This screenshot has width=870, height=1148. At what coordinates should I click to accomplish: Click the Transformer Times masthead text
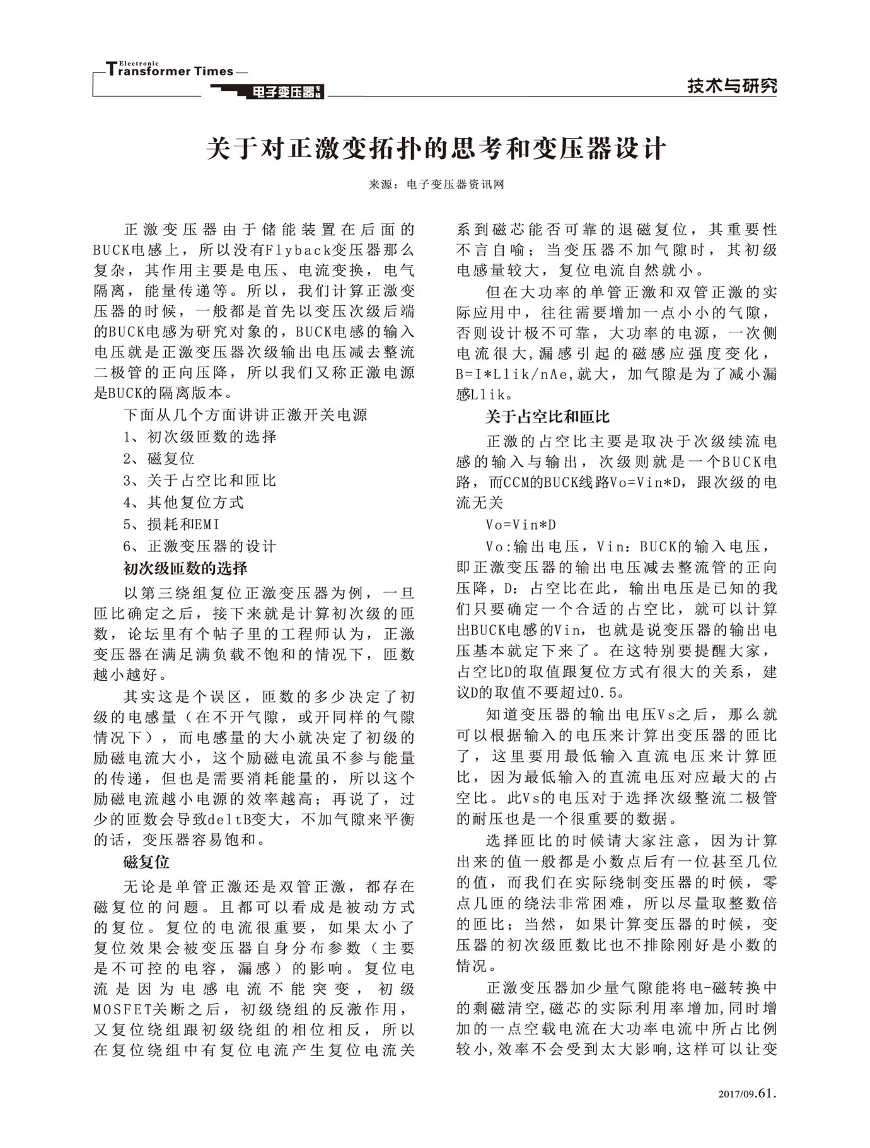pos(170,70)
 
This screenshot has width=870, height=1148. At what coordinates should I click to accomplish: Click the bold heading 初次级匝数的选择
pos(185,568)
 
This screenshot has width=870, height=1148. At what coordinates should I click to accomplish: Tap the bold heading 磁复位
pos(146,862)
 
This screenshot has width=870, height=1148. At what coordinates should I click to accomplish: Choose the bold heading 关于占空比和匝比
pos(547,417)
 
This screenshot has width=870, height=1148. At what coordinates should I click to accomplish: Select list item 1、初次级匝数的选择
pos(200,436)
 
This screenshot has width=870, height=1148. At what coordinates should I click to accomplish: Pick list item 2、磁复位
pos(159,459)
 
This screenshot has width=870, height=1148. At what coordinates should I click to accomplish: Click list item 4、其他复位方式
pos(183,503)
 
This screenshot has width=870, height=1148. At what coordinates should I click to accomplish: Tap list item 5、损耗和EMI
pos(171,524)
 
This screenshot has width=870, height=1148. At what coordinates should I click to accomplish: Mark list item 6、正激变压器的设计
pos(200,546)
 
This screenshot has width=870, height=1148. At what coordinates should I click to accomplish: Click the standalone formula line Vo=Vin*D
pos(521,525)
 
